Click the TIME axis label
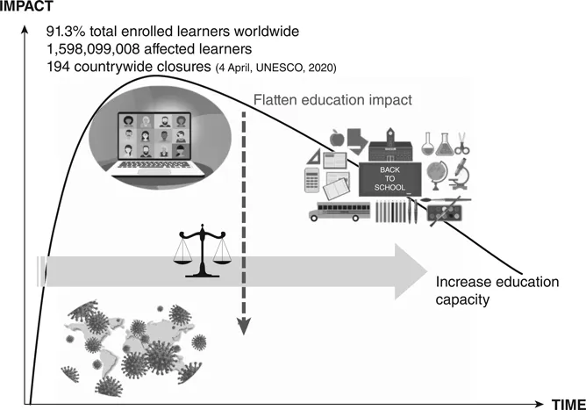[x=568, y=403]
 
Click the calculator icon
[x=311, y=179]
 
